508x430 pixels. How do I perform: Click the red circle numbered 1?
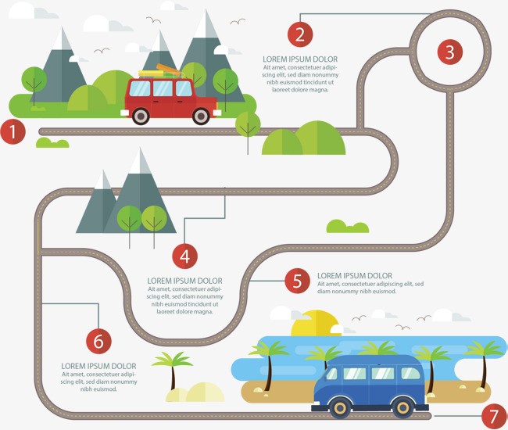coord(13,132)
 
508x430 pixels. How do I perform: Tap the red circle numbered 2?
coord(300,34)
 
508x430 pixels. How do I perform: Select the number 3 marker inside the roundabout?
coord(450,52)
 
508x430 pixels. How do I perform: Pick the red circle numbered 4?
coord(184,256)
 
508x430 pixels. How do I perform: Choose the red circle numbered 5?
coord(298,281)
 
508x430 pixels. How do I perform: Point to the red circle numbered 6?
coord(98,341)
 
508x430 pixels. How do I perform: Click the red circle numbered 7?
coord(494,417)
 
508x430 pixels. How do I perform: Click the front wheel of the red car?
coord(201,116)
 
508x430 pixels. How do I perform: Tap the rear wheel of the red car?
coord(141,116)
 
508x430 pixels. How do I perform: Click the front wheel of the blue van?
coord(341,408)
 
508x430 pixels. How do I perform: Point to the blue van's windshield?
coord(331,374)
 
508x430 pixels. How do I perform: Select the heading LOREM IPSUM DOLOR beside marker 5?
coord(355,276)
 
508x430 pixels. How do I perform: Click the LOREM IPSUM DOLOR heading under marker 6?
coord(98,366)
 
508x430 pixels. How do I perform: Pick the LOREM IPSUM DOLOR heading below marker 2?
coord(300,59)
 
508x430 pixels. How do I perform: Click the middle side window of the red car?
coord(163,88)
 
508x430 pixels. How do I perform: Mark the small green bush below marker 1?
coord(52,142)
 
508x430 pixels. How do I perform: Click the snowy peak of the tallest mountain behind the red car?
coord(206,25)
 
